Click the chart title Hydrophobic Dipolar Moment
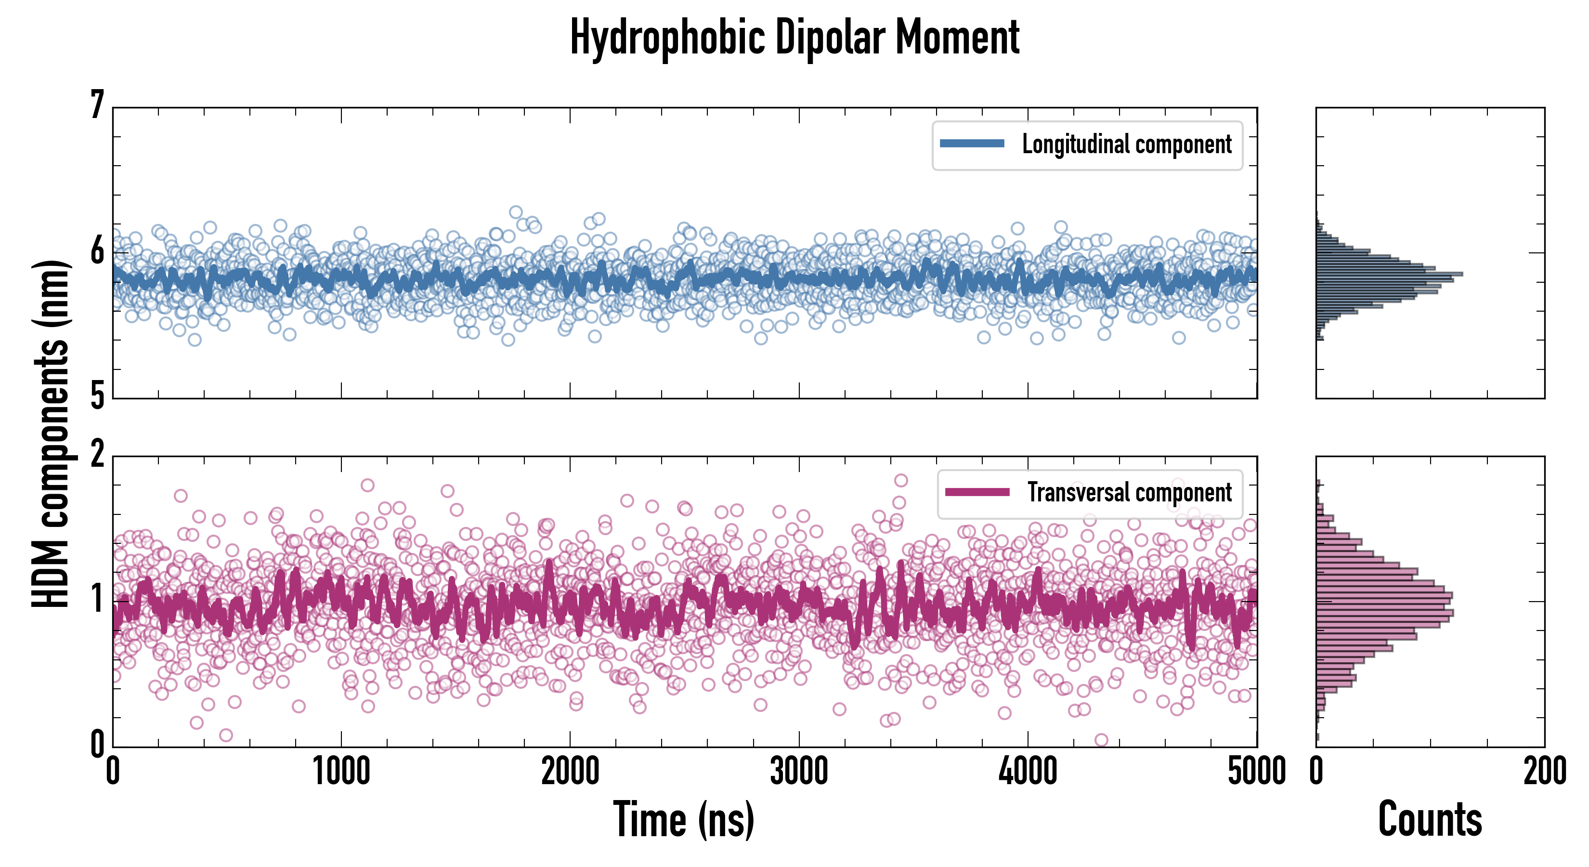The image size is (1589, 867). point(794,38)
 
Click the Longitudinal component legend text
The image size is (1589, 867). point(1126,144)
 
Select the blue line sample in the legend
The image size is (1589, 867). point(972,144)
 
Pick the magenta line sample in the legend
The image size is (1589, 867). point(977,492)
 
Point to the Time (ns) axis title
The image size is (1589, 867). point(683,819)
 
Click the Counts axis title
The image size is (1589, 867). point(1430,819)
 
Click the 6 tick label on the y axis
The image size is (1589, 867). point(97,251)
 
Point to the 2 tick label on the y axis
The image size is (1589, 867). point(97,455)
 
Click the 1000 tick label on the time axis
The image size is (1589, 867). point(341,771)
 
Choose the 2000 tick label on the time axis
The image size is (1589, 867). point(570,771)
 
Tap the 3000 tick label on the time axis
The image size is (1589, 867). point(799,771)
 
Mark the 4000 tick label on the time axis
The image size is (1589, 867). point(1028,771)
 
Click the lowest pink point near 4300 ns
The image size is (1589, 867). point(1101,739)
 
